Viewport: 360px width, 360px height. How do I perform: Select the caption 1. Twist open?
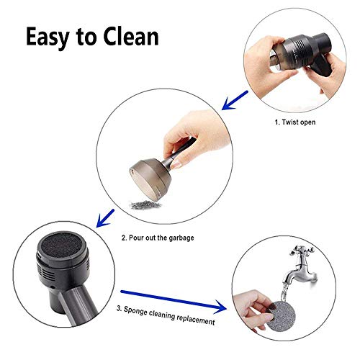click(x=296, y=123)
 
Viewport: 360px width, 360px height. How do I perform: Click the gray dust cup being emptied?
click(x=150, y=173)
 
